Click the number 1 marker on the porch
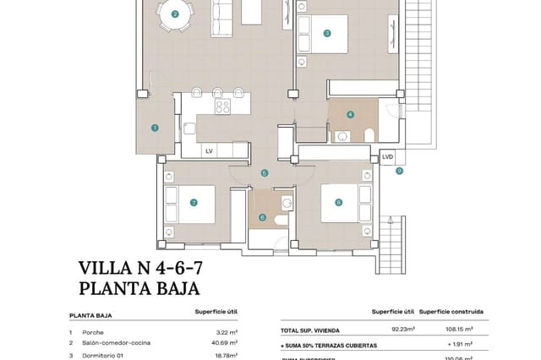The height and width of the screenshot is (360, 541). pos(155,128)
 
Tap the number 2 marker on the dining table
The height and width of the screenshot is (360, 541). pos(175,14)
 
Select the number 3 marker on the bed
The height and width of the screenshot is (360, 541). pos(326,34)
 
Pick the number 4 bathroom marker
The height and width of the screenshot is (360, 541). pos(350,114)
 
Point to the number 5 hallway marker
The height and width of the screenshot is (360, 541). pos(265,172)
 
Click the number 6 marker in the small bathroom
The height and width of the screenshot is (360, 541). pos(262,217)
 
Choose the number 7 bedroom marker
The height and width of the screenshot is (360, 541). pos(194,203)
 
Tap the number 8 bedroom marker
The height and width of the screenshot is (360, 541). pos(338,202)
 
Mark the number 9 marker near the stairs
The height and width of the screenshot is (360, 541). pos(399,171)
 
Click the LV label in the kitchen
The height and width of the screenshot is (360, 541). pos(209,150)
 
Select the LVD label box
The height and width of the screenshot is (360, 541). pos(388,156)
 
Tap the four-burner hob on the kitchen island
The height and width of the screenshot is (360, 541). pos(222,106)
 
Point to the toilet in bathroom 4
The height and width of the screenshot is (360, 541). pos(369,135)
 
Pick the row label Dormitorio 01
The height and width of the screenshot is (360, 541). pos(107,356)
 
